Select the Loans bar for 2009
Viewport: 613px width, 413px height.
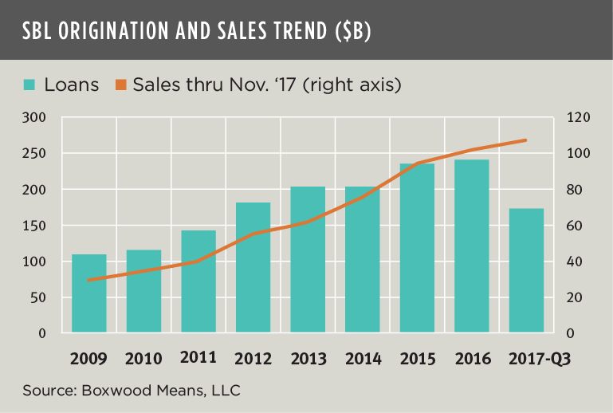click(x=88, y=293)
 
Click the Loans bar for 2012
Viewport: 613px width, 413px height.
click(x=253, y=268)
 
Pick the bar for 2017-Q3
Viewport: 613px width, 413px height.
click(x=526, y=271)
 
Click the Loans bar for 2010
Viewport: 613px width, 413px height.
click(x=143, y=291)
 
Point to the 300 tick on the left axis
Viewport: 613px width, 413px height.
click(x=36, y=118)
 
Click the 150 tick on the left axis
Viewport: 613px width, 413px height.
click(x=36, y=226)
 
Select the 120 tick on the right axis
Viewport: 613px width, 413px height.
click(x=578, y=118)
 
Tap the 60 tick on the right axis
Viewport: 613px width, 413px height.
click(x=575, y=226)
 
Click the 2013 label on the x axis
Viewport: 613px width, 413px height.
click(x=308, y=358)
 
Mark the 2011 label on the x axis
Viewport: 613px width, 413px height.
click(x=198, y=357)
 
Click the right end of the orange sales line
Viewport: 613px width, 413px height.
click(x=526, y=140)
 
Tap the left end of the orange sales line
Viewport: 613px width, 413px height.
click(x=88, y=280)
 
